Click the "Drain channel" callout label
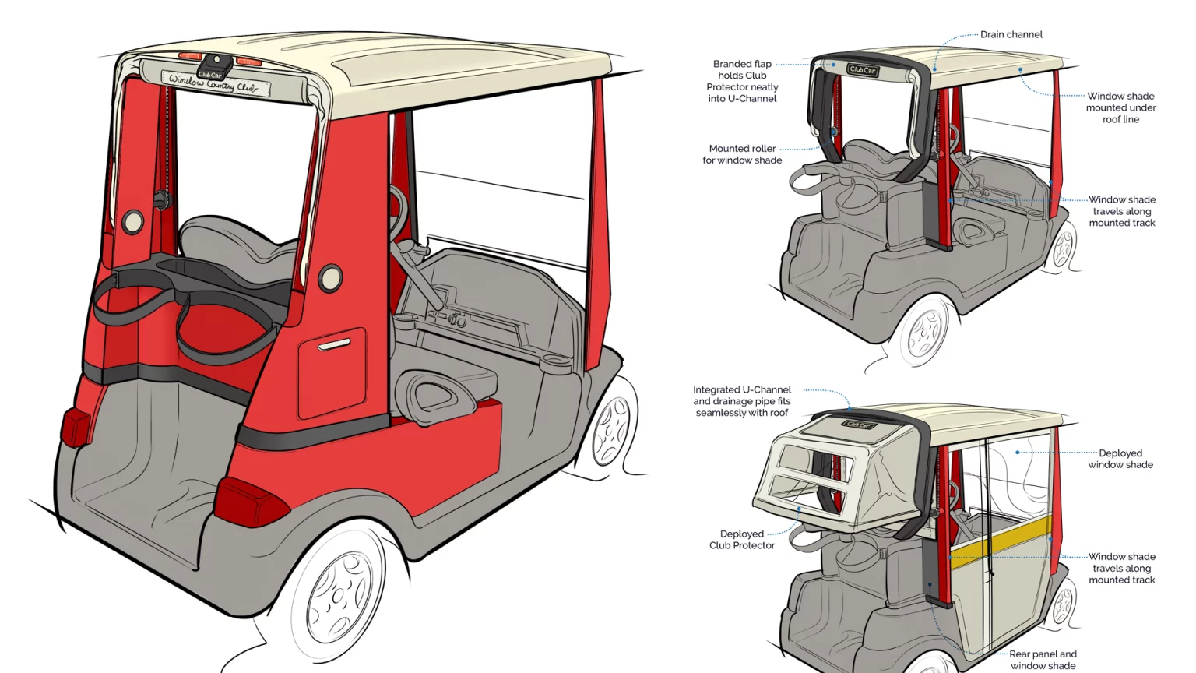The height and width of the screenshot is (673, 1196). (x=1011, y=34)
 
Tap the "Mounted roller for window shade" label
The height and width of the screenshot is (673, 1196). (x=742, y=154)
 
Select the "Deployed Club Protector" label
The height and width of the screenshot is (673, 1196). (x=742, y=540)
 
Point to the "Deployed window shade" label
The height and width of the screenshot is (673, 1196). (x=1120, y=459)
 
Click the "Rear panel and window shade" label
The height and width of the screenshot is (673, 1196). (x=1043, y=660)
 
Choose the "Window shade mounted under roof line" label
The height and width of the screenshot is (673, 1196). (x=1120, y=107)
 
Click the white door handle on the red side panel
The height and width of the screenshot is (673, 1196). (x=334, y=344)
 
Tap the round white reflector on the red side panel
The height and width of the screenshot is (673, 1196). (x=330, y=277)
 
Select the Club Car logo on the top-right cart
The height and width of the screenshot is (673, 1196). (x=863, y=70)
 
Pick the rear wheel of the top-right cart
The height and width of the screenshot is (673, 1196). (x=925, y=332)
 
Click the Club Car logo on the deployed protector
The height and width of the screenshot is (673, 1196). (x=858, y=425)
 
